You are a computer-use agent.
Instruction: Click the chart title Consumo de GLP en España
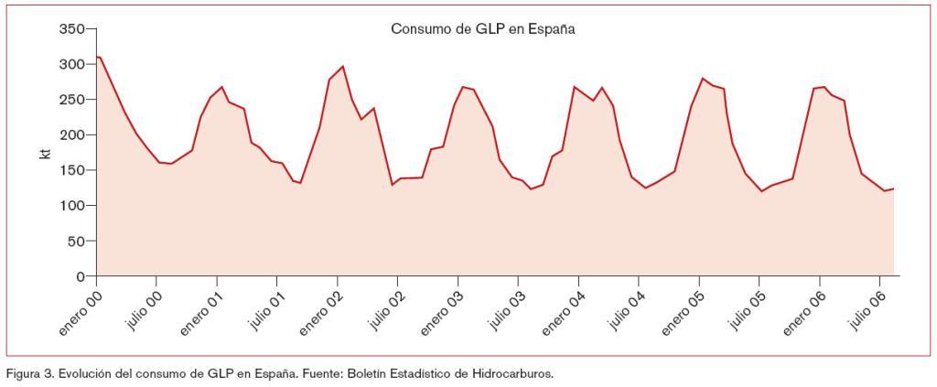coord(482,28)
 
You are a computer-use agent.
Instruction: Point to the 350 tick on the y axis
coord(71,29)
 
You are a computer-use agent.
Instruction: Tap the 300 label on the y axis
coord(71,64)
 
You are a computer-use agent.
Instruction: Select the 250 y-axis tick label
coord(71,100)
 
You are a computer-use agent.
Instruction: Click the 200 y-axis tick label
coord(71,135)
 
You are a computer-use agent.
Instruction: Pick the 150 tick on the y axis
coord(71,170)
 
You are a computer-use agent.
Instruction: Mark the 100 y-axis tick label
coord(71,206)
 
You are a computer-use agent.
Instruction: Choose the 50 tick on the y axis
coord(75,242)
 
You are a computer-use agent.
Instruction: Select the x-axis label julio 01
coord(264,311)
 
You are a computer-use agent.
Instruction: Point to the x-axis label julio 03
coord(504,311)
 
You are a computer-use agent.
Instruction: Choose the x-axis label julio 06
coord(866,311)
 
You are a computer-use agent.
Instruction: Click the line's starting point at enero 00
coord(97,57)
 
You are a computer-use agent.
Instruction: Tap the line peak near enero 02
coord(342,66)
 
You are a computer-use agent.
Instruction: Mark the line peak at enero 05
coord(702,79)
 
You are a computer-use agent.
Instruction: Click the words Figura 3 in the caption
coord(27,372)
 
